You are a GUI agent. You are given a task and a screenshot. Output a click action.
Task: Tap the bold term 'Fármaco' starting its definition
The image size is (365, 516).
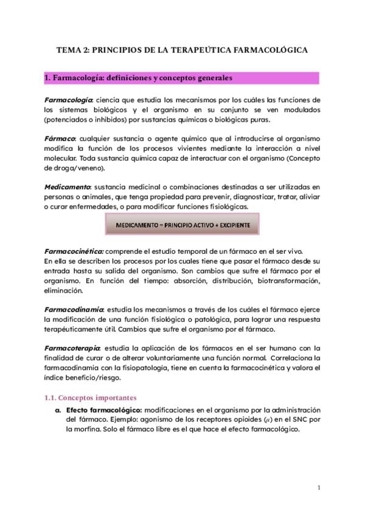point(60,139)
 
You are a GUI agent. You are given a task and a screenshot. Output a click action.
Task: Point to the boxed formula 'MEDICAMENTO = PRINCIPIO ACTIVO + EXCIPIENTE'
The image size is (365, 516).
point(182,225)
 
